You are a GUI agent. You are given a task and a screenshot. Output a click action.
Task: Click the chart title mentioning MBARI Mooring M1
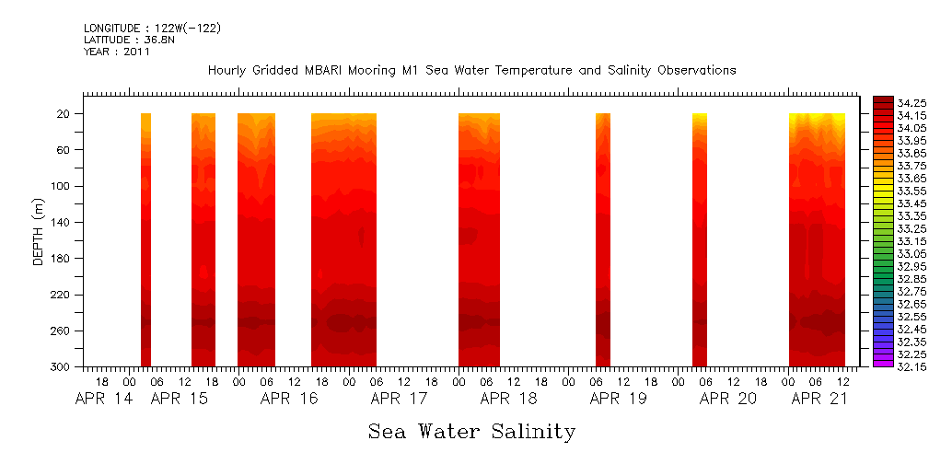pyautogui.click(x=471, y=71)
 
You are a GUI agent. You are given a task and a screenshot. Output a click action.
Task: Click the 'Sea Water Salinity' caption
pyautogui.click(x=471, y=432)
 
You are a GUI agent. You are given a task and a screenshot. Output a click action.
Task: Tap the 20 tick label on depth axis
pyautogui.click(x=64, y=114)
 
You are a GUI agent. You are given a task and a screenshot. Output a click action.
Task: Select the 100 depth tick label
pyautogui.click(x=62, y=186)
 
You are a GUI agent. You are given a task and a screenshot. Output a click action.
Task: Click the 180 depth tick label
pyautogui.click(x=62, y=259)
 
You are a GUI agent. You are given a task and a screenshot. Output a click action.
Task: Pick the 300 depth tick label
pyautogui.click(x=62, y=367)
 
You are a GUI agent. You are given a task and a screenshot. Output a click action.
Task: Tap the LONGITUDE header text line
pyautogui.click(x=152, y=29)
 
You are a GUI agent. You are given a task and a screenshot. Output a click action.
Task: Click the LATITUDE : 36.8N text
pyautogui.click(x=118, y=41)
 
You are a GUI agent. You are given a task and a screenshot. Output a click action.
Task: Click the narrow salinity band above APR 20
pyautogui.click(x=700, y=239)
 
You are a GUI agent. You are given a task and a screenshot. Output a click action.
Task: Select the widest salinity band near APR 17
pyautogui.click(x=343, y=239)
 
